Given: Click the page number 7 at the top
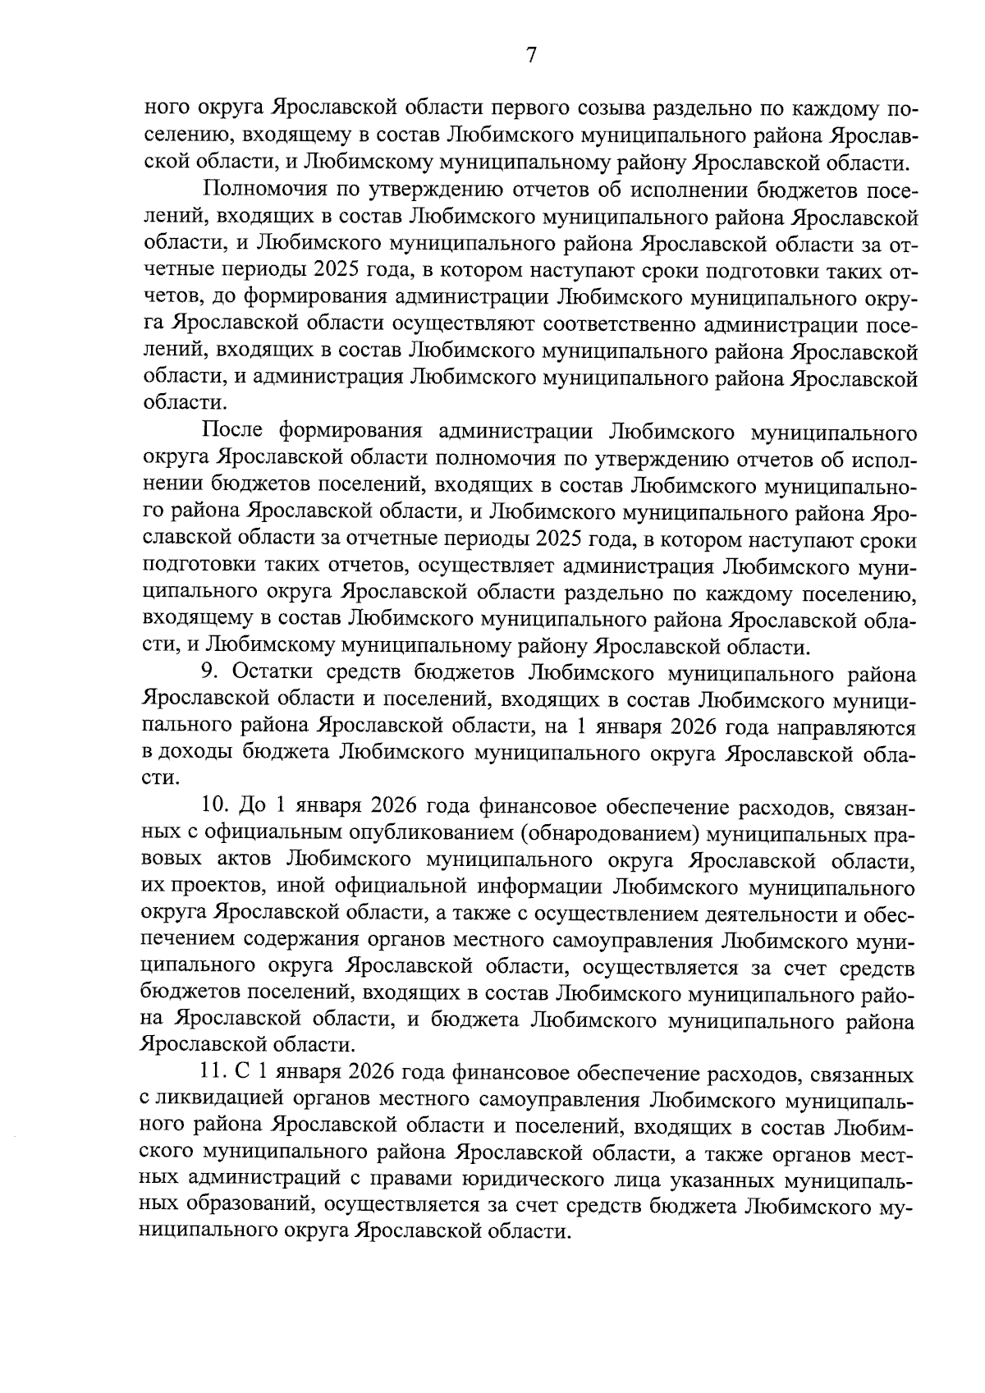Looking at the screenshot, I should pyautogui.click(x=530, y=55).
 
